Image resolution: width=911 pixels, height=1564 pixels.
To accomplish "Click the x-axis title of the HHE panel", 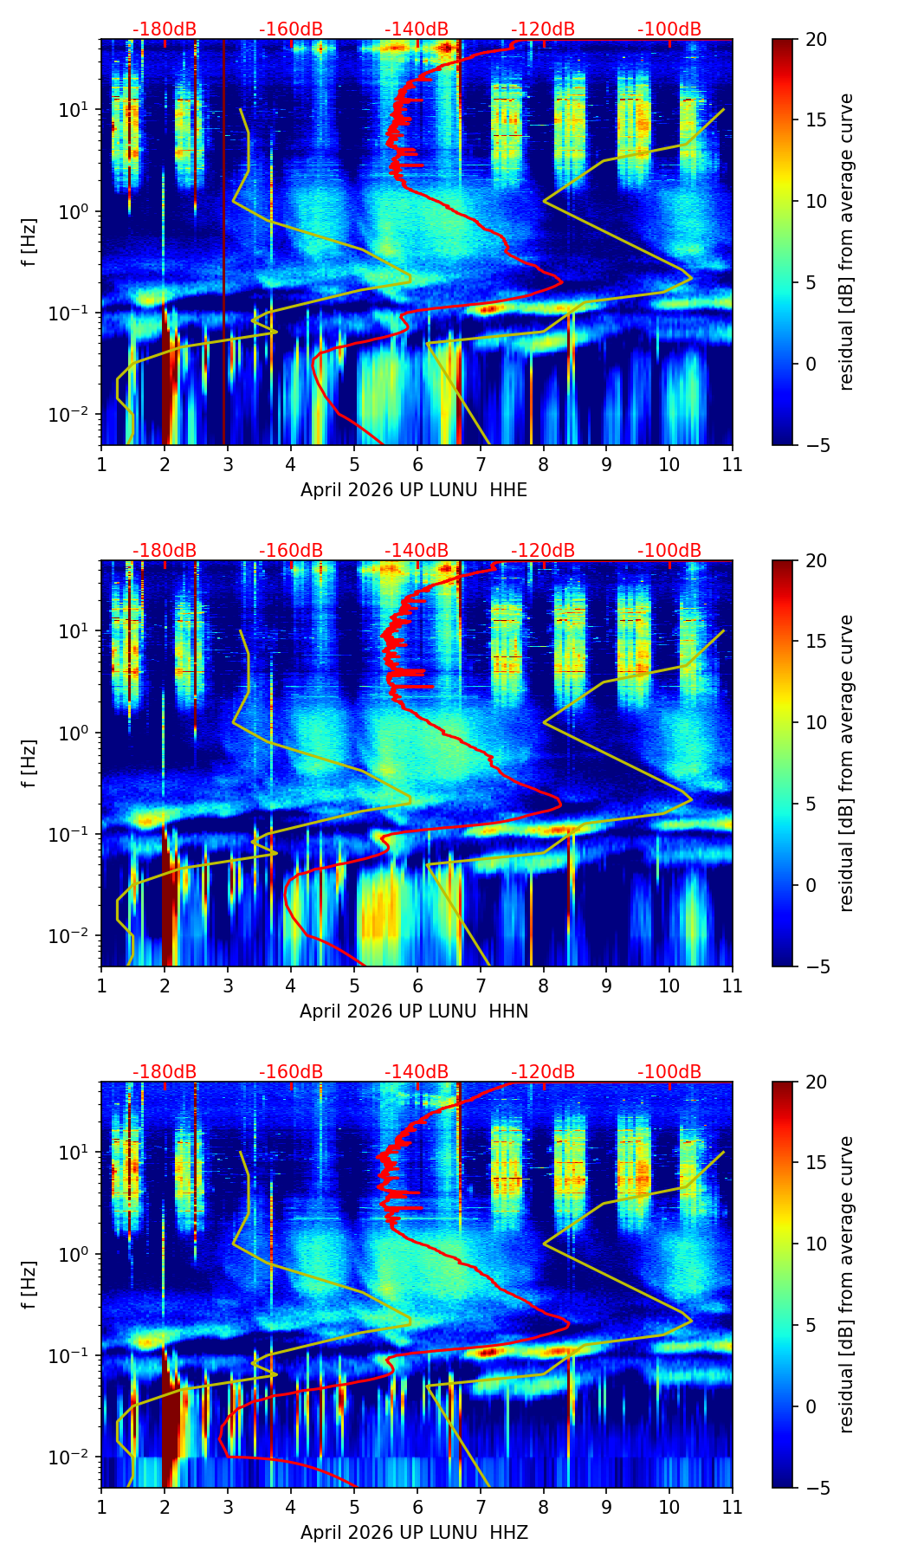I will [414, 490].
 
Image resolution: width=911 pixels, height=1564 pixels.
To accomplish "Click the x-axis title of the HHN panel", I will [414, 1011].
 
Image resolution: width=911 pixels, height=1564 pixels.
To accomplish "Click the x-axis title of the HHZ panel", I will [414, 1533].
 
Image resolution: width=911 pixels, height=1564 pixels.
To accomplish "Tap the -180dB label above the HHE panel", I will [165, 29].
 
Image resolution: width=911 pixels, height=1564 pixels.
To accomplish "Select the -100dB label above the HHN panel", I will [669, 551].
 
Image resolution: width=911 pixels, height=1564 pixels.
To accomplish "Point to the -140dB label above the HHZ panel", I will [417, 1072].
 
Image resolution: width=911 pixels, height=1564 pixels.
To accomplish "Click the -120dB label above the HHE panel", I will [543, 29].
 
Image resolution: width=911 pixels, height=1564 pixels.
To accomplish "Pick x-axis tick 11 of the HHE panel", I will [732, 464].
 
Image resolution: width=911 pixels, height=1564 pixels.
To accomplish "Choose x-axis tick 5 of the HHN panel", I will [354, 986].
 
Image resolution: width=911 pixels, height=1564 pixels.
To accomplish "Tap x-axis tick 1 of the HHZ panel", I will [101, 1507].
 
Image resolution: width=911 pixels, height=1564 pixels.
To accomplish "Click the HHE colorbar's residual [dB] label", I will [847, 242].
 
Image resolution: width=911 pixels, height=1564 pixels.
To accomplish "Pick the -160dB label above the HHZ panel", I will [291, 1072].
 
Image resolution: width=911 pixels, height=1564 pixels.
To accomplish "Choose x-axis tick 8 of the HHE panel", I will [544, 464].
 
